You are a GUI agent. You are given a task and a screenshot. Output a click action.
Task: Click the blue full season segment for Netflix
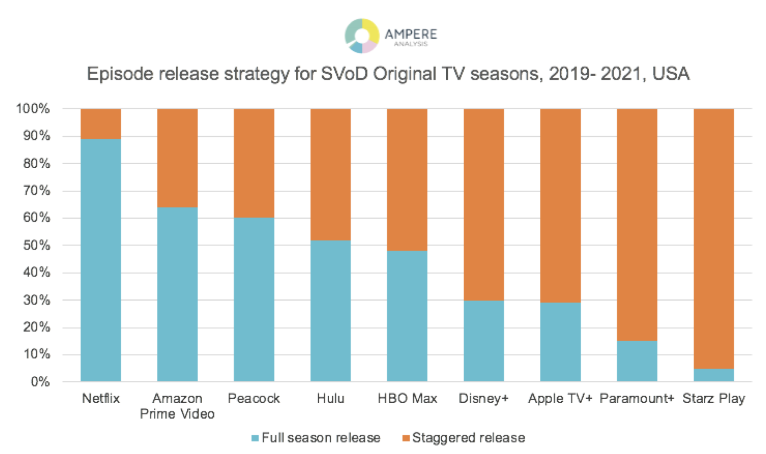101,260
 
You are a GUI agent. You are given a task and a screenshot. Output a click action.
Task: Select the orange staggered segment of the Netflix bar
101,123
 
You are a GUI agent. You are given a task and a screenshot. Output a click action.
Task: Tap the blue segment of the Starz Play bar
713,375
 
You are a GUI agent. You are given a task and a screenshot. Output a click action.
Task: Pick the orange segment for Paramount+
637,224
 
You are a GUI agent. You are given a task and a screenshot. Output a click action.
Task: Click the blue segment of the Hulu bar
330,311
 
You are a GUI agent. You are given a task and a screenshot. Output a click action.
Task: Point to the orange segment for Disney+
484,204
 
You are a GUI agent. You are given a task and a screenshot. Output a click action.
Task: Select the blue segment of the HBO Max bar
407,316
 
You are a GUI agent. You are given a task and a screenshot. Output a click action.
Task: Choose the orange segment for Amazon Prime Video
177,158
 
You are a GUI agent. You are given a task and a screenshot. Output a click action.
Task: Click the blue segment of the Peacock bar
254,299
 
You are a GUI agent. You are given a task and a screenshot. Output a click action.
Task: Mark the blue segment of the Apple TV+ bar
560,341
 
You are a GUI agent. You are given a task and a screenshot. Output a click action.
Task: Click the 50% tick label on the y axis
36,245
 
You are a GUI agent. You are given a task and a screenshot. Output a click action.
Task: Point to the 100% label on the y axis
33,109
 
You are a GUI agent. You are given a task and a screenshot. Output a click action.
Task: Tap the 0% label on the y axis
40,382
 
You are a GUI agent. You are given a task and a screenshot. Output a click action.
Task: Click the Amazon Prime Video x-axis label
177,406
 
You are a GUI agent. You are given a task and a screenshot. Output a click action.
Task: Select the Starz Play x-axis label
713,398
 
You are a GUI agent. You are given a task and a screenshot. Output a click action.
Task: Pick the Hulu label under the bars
330,398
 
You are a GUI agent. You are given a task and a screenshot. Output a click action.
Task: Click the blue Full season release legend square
255,438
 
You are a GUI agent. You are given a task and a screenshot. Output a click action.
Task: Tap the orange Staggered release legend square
406,438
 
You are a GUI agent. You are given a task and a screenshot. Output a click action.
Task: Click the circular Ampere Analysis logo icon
362,35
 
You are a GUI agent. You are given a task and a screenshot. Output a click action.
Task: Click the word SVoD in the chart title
345,74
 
